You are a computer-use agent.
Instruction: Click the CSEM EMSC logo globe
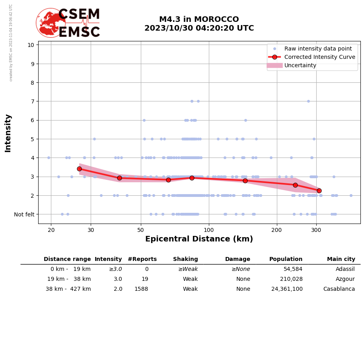[x=51, y=23]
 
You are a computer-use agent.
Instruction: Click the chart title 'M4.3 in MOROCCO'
[x=199, y=19]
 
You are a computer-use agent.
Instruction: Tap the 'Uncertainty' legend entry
[x=300, y=65]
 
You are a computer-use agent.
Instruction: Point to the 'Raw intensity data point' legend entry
[x=318, y=49]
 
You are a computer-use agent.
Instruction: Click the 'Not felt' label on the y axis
[x=24, y=214]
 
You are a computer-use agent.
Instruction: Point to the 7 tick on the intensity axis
[x=31, y=101]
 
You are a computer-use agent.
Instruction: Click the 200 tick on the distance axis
[x=277, y=230]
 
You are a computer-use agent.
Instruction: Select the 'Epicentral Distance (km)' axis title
[x=199, y=239]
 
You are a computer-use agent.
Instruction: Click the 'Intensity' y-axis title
[x=8, y=133]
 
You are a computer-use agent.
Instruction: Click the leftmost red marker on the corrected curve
[x=79, y=169]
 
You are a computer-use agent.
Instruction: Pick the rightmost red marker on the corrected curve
[x=319, y=191]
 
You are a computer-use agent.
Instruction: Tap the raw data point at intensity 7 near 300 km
[x=308, y=101]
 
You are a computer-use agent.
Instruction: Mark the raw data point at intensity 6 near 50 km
[x=144, y=120]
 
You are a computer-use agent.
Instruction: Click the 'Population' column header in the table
[x=286, y=259]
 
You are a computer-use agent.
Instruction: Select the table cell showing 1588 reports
[x=141, y=289]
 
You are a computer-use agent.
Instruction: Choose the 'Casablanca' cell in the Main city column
[x=339, y=289]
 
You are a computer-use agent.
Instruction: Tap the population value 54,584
[x=293, y=269]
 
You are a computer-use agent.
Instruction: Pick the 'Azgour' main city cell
[x=345, y=279]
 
